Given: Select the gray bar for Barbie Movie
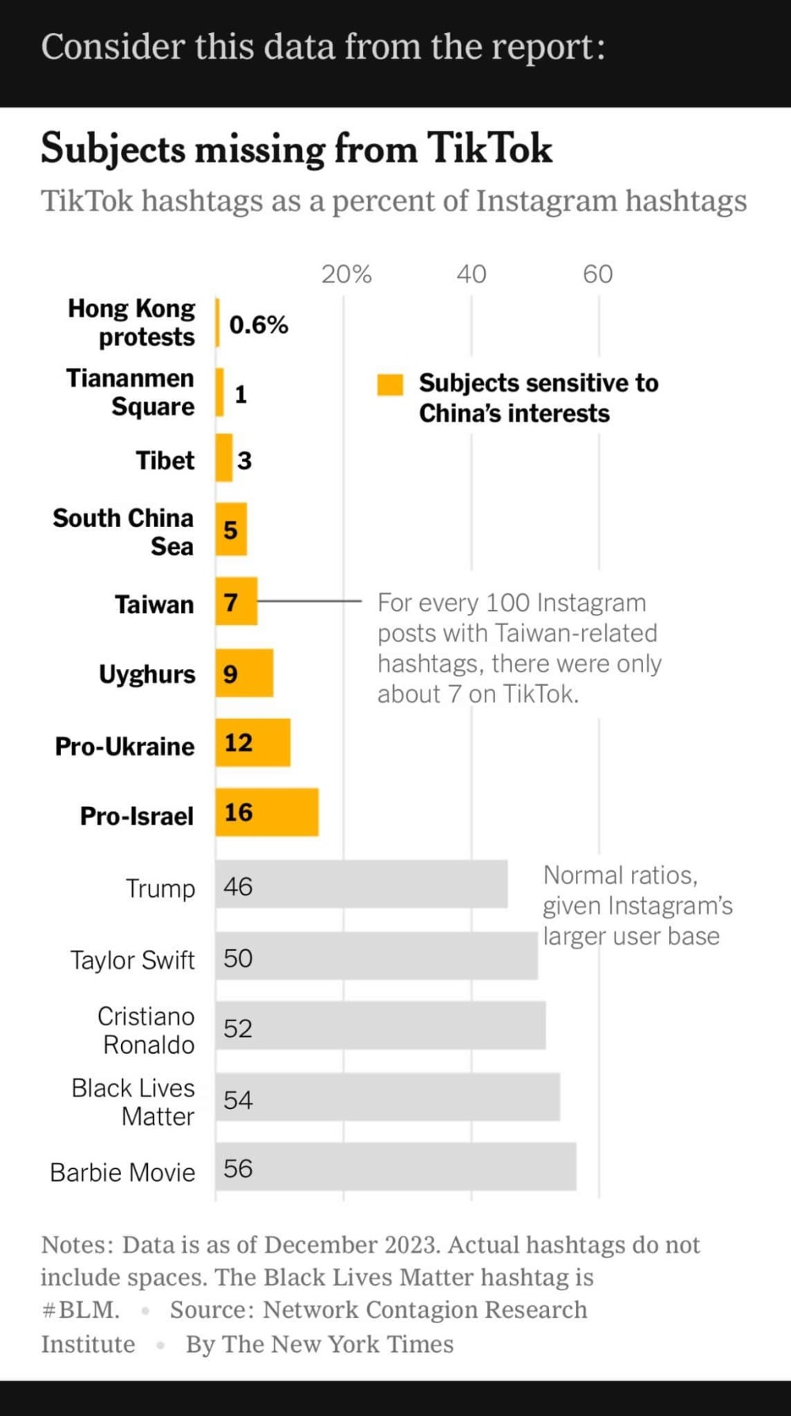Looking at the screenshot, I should tap(395, 1167).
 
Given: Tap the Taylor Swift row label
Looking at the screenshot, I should tap(132, 960).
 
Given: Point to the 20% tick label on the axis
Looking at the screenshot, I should tap(346, 274).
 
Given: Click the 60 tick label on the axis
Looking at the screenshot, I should tap(598, 274).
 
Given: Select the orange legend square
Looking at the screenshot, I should tap(390, 384).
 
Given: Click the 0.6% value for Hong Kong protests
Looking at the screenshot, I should tap(259, 324).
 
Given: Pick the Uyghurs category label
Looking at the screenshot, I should tap(147, 674).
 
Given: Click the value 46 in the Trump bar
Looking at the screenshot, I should tap(238, 886).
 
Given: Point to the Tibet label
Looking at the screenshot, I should tap(165, 460).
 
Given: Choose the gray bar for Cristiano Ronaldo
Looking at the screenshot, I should tap(380, 1026).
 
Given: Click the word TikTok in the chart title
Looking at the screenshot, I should tap(490, 149).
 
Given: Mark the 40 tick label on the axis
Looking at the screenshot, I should tap(471, 274).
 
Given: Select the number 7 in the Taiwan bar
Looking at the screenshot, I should tap(230, 603).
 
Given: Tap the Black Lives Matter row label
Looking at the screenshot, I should tap(133, 1102).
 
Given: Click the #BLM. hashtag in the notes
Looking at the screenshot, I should tap(81, 1310).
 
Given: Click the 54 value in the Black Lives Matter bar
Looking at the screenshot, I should tap(238, 1100).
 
